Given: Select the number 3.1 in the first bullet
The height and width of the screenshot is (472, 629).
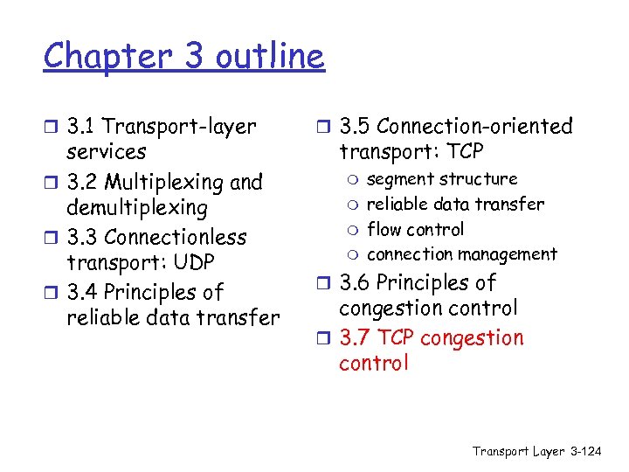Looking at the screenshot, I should [x=83, y=127].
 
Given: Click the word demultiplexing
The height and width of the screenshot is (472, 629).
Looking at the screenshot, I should [x=137, y=208].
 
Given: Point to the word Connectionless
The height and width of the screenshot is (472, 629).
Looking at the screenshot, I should [x=175, y=238].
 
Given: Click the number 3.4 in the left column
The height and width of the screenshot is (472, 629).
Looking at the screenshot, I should [x=83, y=292].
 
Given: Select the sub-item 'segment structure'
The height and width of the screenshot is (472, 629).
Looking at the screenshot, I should [x=442, y=179].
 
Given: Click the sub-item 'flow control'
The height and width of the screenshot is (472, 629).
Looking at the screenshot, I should [x=415, y=230].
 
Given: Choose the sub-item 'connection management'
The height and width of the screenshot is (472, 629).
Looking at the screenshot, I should [x=461, y=254].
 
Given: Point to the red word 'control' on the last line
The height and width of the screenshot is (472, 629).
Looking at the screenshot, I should [x=373, y=364].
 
